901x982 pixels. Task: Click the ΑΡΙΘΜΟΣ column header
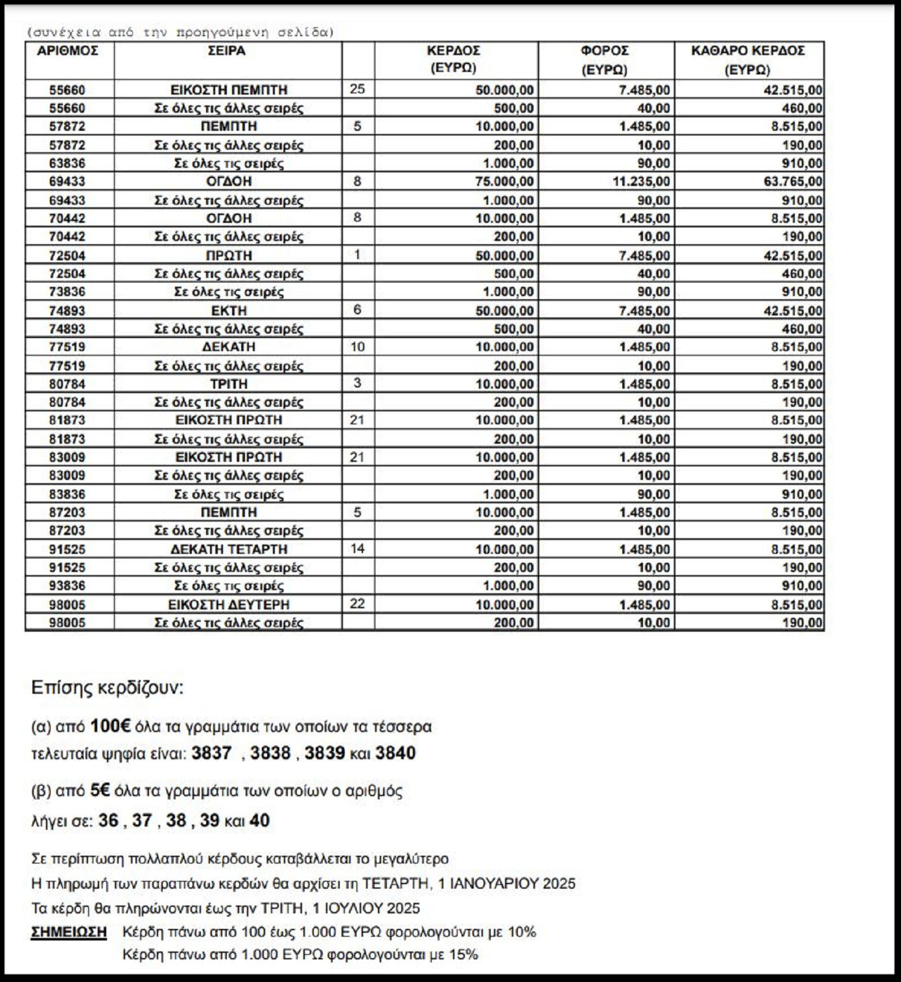[x=67, y=51]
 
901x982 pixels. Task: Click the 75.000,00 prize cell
[x=504, y=181]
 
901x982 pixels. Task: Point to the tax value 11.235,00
[x=641, y=181]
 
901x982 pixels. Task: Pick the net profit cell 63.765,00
[x=793, y=181]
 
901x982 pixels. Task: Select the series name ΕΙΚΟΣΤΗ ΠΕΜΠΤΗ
[x=229, y=90]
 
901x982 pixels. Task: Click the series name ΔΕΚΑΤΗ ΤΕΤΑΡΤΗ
[x=229, y=549]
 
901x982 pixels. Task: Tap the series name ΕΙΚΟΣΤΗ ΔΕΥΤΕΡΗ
[x=229, y=605]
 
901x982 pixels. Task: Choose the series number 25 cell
[x=357, y=89]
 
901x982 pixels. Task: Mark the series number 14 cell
[x=357, y=549]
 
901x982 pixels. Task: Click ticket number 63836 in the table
[x=67, y=163]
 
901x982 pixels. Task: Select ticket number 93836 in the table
[x=67, y=586]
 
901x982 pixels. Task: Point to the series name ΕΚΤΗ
[x=229, y=311]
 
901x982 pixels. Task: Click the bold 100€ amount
[x=110, y=726]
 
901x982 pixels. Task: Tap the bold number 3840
[x=395, y=753]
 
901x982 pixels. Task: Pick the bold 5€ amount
[x=100, y=791]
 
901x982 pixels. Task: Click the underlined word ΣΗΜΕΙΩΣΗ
[x=69, y=932]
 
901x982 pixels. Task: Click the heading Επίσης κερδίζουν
[x=108, y=687]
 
